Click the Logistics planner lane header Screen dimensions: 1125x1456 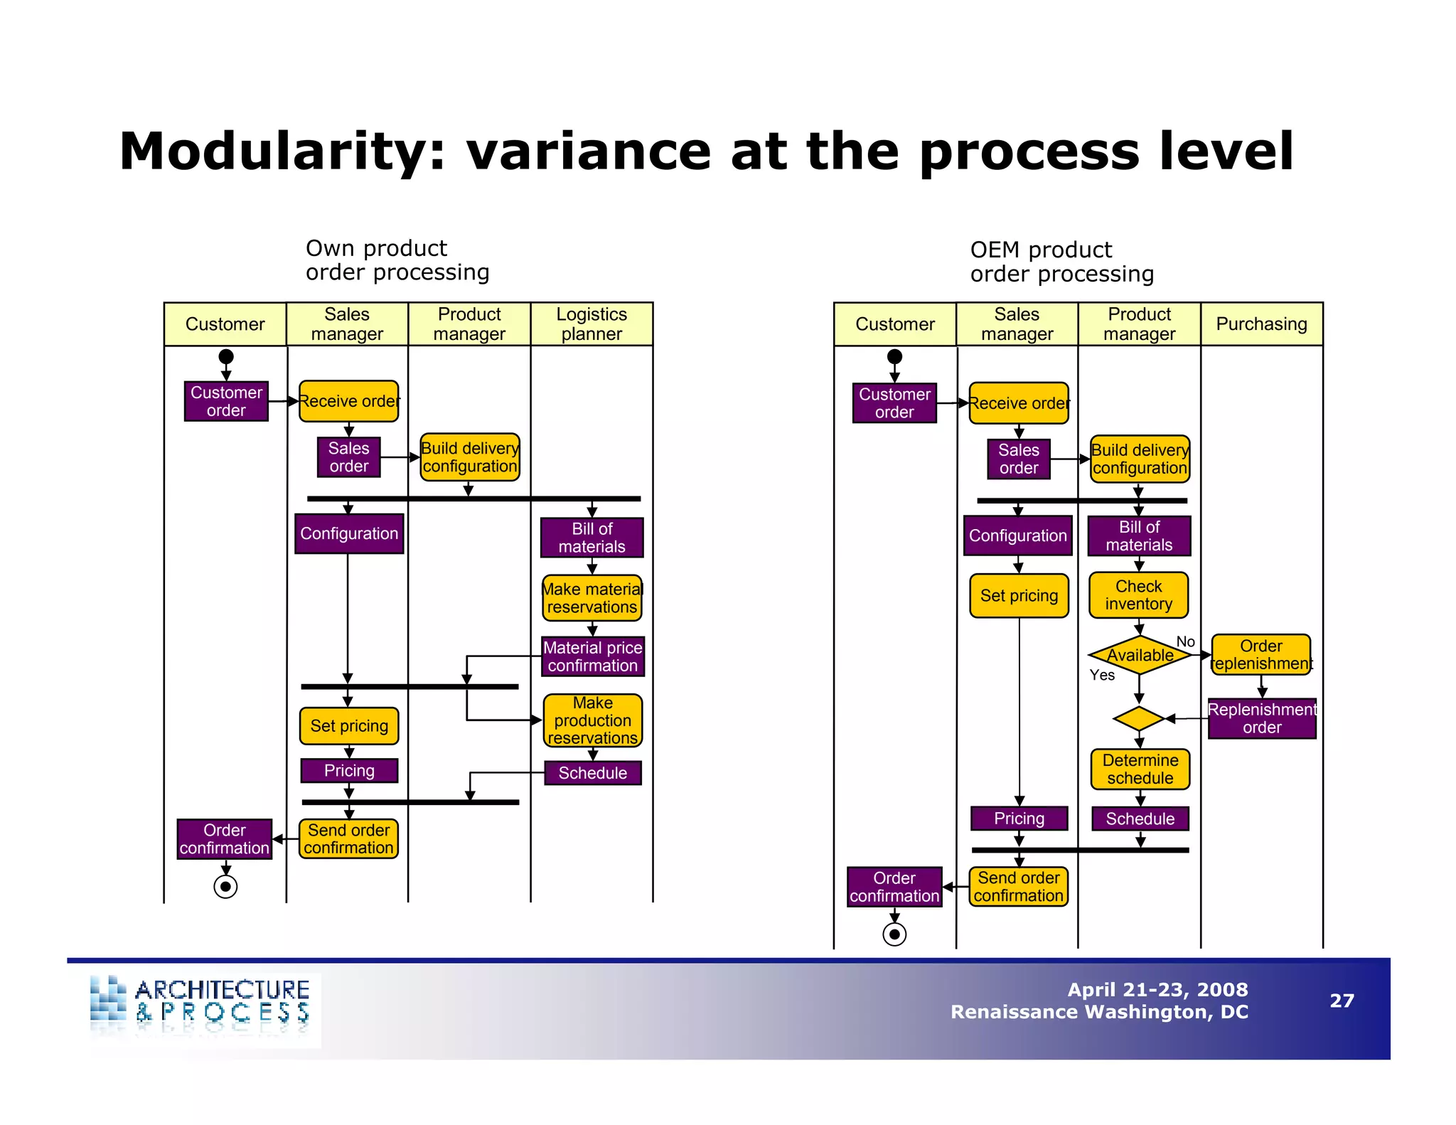tap(591, 324)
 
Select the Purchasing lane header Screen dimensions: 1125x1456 tap(1261, 324)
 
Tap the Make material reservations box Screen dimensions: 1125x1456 tap(592, 598)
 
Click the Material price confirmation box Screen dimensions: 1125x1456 tap(593, 656)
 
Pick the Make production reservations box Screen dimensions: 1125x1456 tap(593, 720)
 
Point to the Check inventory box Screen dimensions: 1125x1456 tap(1138, 595)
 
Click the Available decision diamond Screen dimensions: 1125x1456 tap(1139, 654)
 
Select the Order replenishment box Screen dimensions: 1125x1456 tap(1261, 654)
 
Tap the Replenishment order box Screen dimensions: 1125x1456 tap(1262, 718)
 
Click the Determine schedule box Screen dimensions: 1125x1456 tap(1140, 769)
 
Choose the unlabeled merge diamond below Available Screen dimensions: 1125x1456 tap(1139, 718)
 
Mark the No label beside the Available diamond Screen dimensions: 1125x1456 tap(1185, 641)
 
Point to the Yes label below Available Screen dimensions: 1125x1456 tap(1102, 675)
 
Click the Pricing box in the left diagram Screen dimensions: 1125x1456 tap(349, 770)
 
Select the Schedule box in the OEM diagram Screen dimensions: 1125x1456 tap(1140, 819)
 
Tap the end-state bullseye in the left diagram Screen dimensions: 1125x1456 tap(225, 887)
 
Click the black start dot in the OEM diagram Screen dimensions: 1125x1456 tap(894, 356)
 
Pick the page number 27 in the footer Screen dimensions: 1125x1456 tap(1342, 1001)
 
